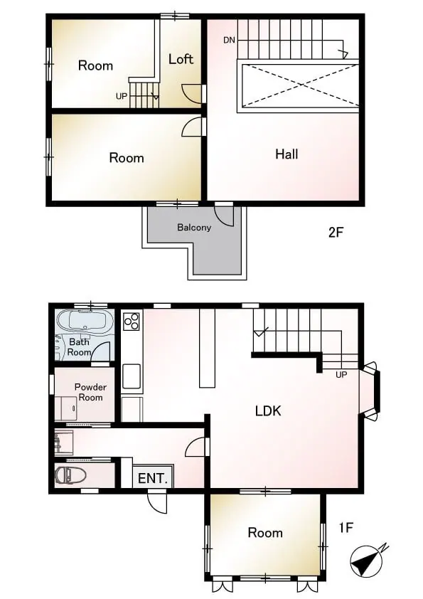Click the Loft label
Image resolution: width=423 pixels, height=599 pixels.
pyautogui.click(x=181, y=59)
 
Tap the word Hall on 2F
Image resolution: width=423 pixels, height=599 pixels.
pyautogui.click(x=287, y=154)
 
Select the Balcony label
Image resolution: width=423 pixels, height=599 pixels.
pyautogui.click(x=194, y=228)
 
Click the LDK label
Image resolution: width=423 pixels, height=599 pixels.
pyautogui.click(x=268, y=410)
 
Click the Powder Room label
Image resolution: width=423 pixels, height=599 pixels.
pyautogui.click(x=90, y=392)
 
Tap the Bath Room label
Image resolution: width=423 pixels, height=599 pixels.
pyautogui.click(x=80, y=347)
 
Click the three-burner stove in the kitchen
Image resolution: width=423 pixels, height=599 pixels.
pyautogui.click(x=132, y=321)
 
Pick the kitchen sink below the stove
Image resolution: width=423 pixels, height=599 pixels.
pyautogui.click(x=132, y=376)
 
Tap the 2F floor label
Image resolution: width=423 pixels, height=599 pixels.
pyautogui.click(x=336, y=232)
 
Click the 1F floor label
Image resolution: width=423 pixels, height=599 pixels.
pyautogui.click(x=346, y=528)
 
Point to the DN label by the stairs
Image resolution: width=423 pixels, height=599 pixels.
pyautogui.click(x=229, y=40)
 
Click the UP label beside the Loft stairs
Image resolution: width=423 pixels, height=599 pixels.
pyautogui.click(x=122, y=96)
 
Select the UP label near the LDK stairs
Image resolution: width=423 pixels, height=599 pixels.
pyautogui.click(x=341, y=375)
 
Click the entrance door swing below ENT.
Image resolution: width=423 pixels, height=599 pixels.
pyautogui.click(x=157, y=502)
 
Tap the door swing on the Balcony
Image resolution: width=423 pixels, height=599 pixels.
pyautogui.click(x=224, y=216)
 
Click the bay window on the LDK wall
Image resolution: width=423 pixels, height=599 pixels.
pyautogui.click(x=370, y=391)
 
